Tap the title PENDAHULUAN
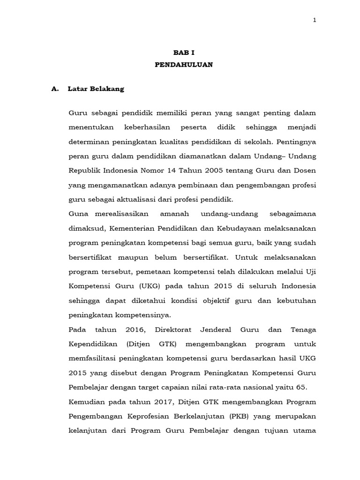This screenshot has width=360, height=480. (184, 65)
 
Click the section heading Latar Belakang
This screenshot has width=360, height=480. (96, 89)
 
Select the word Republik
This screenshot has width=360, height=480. (83, 171)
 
